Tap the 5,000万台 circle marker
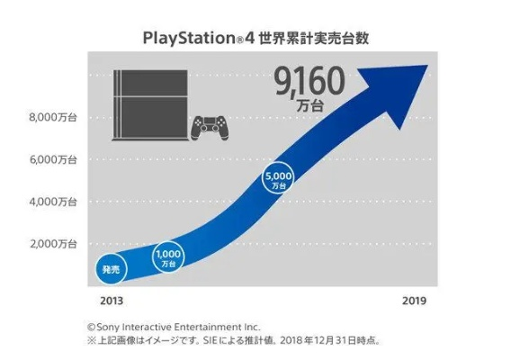coord(278,179)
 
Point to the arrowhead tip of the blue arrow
coord(431,65)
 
